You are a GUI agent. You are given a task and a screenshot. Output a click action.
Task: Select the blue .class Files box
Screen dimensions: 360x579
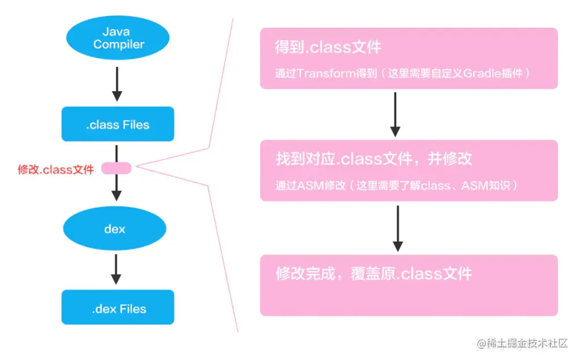pos(118,124)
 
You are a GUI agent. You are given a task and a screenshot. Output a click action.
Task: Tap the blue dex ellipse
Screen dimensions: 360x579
pos(115,229)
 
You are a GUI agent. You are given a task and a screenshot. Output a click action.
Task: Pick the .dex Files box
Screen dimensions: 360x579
pos(118,308)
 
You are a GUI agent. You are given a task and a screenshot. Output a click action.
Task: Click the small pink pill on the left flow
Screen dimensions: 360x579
pos(116,168)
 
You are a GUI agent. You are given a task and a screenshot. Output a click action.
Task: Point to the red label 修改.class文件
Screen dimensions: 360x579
pos(56,169)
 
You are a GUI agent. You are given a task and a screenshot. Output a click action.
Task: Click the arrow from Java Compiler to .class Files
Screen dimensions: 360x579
pos(116,83)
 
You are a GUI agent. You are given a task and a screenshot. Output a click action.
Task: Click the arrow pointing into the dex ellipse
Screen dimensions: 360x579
pos(116,188)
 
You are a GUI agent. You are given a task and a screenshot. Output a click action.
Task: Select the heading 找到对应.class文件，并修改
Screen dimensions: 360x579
pos(373,158)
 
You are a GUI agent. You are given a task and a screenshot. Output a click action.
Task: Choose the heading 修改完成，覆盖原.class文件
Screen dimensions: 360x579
pos(373,274)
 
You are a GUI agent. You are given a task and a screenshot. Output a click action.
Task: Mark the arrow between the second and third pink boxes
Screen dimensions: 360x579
pos(397,227)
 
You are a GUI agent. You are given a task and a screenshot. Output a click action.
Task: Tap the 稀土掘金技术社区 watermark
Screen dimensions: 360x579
pos(522,344)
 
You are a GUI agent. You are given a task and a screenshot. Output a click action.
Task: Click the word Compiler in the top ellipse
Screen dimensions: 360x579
pos(119,45)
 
